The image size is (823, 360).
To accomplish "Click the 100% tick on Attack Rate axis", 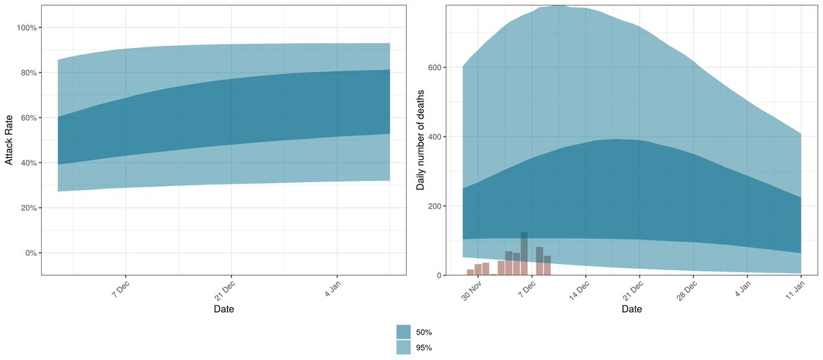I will (26, 27).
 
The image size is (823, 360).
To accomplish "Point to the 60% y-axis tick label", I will (28, 118).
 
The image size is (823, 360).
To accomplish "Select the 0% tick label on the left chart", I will (30, 253).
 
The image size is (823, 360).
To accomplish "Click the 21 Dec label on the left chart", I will (223, 289).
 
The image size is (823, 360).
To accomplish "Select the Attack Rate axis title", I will (9, 140).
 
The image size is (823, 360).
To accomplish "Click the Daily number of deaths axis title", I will (420, 140).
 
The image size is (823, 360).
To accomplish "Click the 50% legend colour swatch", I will (404, 332).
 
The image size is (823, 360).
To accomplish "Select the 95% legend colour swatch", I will (404, 348).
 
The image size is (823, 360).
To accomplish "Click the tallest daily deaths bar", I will (524, 254).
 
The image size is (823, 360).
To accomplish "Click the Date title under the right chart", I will (632, 309).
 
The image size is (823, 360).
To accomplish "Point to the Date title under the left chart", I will (224, 309).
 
